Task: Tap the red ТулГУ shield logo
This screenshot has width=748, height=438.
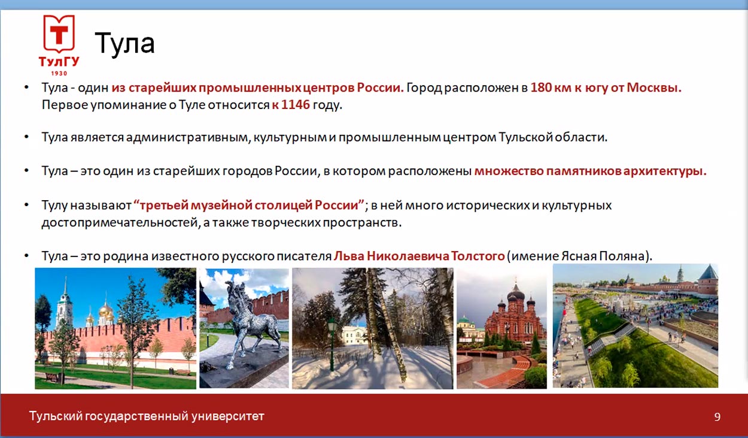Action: tap(59, 34)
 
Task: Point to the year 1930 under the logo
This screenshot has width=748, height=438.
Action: tap(59, 73)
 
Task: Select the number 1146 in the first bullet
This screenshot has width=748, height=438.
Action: tap(296, 105)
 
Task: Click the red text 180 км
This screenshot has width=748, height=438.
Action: tap(551, 87)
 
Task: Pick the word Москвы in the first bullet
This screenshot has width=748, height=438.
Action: tap(654, 87)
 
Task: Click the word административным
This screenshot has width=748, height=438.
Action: tap(188, 137)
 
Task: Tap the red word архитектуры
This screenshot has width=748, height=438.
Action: tap(665, 171)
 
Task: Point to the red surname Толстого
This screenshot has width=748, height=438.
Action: tap(478, 256)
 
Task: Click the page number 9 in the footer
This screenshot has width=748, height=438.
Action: tap(717, 417)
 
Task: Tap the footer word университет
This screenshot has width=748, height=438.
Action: tap(228, 416)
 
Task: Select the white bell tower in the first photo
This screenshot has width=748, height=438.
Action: tap(64, 304)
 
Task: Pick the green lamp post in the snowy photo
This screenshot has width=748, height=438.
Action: tap(332, 345)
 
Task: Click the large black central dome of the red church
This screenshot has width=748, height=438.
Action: tap(516, 295)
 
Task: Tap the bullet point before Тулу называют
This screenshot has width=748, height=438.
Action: tap(27, 205)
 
